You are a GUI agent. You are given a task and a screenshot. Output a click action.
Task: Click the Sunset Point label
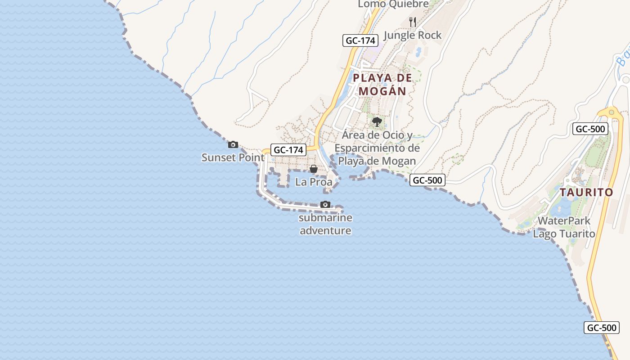[x=233, y=157]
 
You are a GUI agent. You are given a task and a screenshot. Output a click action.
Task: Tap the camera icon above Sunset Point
[x=233, y=144]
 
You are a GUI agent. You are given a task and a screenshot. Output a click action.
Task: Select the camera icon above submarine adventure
[x=325, y=204]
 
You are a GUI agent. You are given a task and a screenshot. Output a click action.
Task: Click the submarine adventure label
[x=325, y=224]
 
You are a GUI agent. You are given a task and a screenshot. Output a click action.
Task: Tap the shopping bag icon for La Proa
[x=314, y=169]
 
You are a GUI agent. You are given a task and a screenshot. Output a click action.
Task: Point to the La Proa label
[x=314, y=182]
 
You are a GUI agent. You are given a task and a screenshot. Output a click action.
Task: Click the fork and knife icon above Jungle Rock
[x=412, y=22]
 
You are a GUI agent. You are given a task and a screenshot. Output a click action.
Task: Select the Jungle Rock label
[x=413, y=35]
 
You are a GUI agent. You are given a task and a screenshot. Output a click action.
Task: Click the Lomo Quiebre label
[x=393, y=4]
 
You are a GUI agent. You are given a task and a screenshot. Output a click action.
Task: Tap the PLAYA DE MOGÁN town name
[x=382, y=84]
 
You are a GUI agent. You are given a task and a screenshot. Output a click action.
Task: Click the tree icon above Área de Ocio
[x=377, y=121]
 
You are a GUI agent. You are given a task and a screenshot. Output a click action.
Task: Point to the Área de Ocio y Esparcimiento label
[x=377, y=148]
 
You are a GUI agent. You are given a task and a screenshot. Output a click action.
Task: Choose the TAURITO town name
[x=586, y=192]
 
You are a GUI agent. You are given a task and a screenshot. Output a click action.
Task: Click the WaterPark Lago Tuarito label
[x=564, y=227]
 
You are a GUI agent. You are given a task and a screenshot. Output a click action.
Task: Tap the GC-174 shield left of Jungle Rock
[x=360, y=40]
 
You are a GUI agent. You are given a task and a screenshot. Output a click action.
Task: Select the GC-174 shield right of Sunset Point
[x=288, y=150]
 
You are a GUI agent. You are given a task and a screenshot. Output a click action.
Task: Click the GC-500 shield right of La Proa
[x=427, y=180]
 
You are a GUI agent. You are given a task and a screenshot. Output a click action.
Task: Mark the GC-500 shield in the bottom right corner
[x=602, y=328]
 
